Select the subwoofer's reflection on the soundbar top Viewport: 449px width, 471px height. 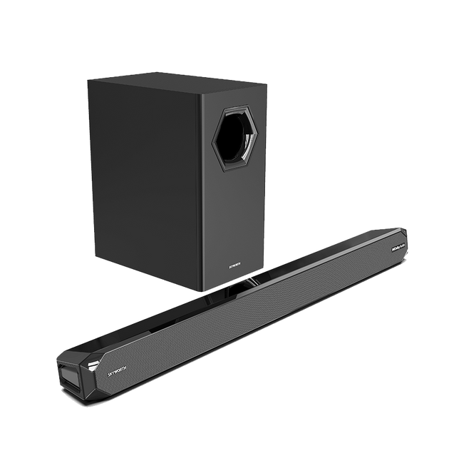click(235, 289)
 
